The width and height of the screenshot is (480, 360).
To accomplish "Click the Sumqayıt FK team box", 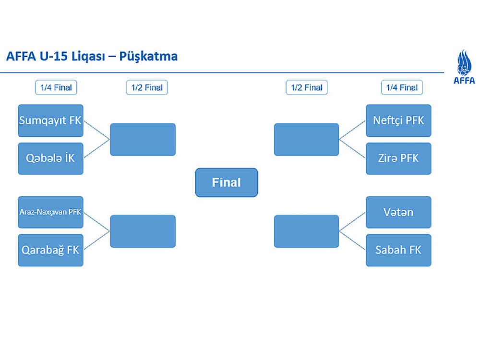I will (x=50, y=120).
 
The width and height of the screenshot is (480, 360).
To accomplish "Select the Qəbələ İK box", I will (x=50, y=158).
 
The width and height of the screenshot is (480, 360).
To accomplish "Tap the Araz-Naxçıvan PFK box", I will (x=50, y=212).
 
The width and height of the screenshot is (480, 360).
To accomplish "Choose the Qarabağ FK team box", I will (x=50, y=250).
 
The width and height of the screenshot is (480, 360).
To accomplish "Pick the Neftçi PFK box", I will (x=398, y=120).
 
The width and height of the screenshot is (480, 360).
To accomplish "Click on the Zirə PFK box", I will (x=398, y=158).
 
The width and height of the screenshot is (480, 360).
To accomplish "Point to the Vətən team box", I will (x=398, y=212).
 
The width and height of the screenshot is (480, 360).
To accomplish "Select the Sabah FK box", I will (x=398, y=250).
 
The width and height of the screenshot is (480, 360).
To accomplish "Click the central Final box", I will (x=227, y=182).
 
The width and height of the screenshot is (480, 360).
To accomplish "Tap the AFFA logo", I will (x=464, y=67).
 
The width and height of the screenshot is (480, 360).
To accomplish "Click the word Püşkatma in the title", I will (x=149, y=57).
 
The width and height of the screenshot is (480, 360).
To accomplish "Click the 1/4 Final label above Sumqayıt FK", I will (x=56, y=87).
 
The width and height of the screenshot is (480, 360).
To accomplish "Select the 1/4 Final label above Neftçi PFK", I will (x=402, y=87).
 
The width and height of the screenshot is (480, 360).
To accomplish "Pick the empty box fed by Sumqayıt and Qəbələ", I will (x=143, y=140).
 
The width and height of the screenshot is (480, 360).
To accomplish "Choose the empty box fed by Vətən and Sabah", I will (x=306, y=231).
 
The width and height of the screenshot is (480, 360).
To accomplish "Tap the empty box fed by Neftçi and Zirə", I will (x=306, y=140).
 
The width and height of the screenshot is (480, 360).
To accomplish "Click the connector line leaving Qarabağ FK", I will (x=97, y=241).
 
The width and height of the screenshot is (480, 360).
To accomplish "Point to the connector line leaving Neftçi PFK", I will (x=353, y=130).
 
